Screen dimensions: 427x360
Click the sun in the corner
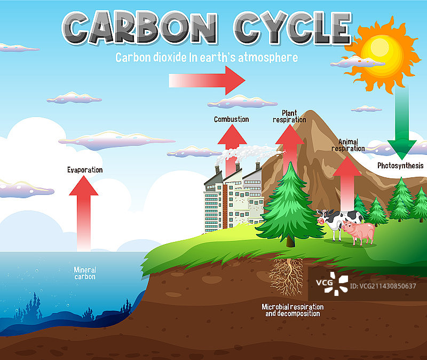(x=381, y=54)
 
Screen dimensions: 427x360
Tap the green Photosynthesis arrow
(x=402, y=123)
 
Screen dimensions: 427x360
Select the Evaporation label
(x=85, y=170)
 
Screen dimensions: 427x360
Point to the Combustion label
(x=232, y=119)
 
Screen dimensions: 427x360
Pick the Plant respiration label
(x=289, y=116)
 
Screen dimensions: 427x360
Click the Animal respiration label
(x=348, y=145)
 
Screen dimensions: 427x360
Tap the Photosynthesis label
(x=400, y=166)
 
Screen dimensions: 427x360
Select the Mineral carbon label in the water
(x=85, y=273)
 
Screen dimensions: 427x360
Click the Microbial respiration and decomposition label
(x=292, y=310)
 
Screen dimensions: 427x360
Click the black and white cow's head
(x=324, y=217)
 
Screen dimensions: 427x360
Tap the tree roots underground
(x=287, y=277)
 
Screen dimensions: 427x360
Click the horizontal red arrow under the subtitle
(x=207, y=81)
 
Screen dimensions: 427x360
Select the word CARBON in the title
(x=139, y=27)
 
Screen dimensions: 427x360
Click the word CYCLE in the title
(x=292, y=28)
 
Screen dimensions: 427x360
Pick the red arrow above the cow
(x=347, y=183)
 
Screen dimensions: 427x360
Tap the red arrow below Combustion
(x=232, y=151)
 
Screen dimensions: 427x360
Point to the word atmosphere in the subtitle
(x=268, y=58)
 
